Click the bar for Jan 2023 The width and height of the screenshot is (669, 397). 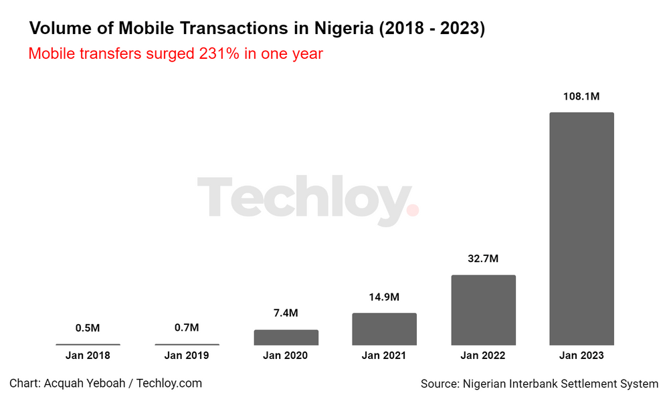(x=581, y=229)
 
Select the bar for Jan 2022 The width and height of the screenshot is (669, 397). (x=483, y=310)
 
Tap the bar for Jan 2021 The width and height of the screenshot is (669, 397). (x=384, y=329)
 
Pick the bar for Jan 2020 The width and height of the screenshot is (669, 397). (x=286, y=338)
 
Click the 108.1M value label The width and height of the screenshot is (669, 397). (x=581, y=96)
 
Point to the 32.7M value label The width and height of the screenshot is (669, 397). (x=483, y=259)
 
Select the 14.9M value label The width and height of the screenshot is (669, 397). (x=384, y=297)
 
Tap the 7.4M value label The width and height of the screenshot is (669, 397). (x=286, y=313)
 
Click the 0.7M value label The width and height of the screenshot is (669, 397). (x=187, y=327)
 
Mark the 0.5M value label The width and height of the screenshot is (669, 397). (x=88, y=327)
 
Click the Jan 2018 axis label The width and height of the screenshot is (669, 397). (x=88, y=356)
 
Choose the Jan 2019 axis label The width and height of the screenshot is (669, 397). (x=187, y=356)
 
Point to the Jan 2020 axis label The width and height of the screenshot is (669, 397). (x=286, y=356)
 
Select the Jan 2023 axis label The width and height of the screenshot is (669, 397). (x=581, y=356)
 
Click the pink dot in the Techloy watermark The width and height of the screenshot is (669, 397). (x=413, y=210)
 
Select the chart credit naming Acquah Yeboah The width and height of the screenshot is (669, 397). (x=106, y=383)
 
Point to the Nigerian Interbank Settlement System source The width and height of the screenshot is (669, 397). (x=539, y=384)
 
